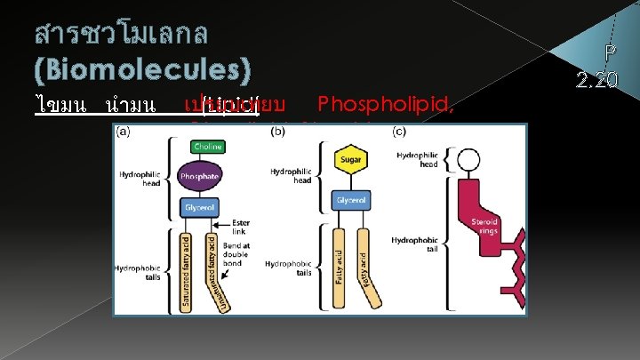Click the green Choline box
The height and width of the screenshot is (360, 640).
[x=208, y=146]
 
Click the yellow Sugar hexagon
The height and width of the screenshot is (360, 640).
[x=349, y=160]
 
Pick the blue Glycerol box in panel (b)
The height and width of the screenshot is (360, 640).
[x=349, y=201]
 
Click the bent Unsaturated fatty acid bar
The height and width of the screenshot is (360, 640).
[x=213, y=267]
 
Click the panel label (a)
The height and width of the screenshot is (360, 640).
[x=124, y=132]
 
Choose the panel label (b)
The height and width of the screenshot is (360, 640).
[x=278, y=132]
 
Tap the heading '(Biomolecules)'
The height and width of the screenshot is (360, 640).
[x=143, y=70]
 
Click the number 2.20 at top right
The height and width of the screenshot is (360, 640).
[x=596, y=80]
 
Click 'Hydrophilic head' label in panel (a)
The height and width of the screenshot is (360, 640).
[x=140, y=179]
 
